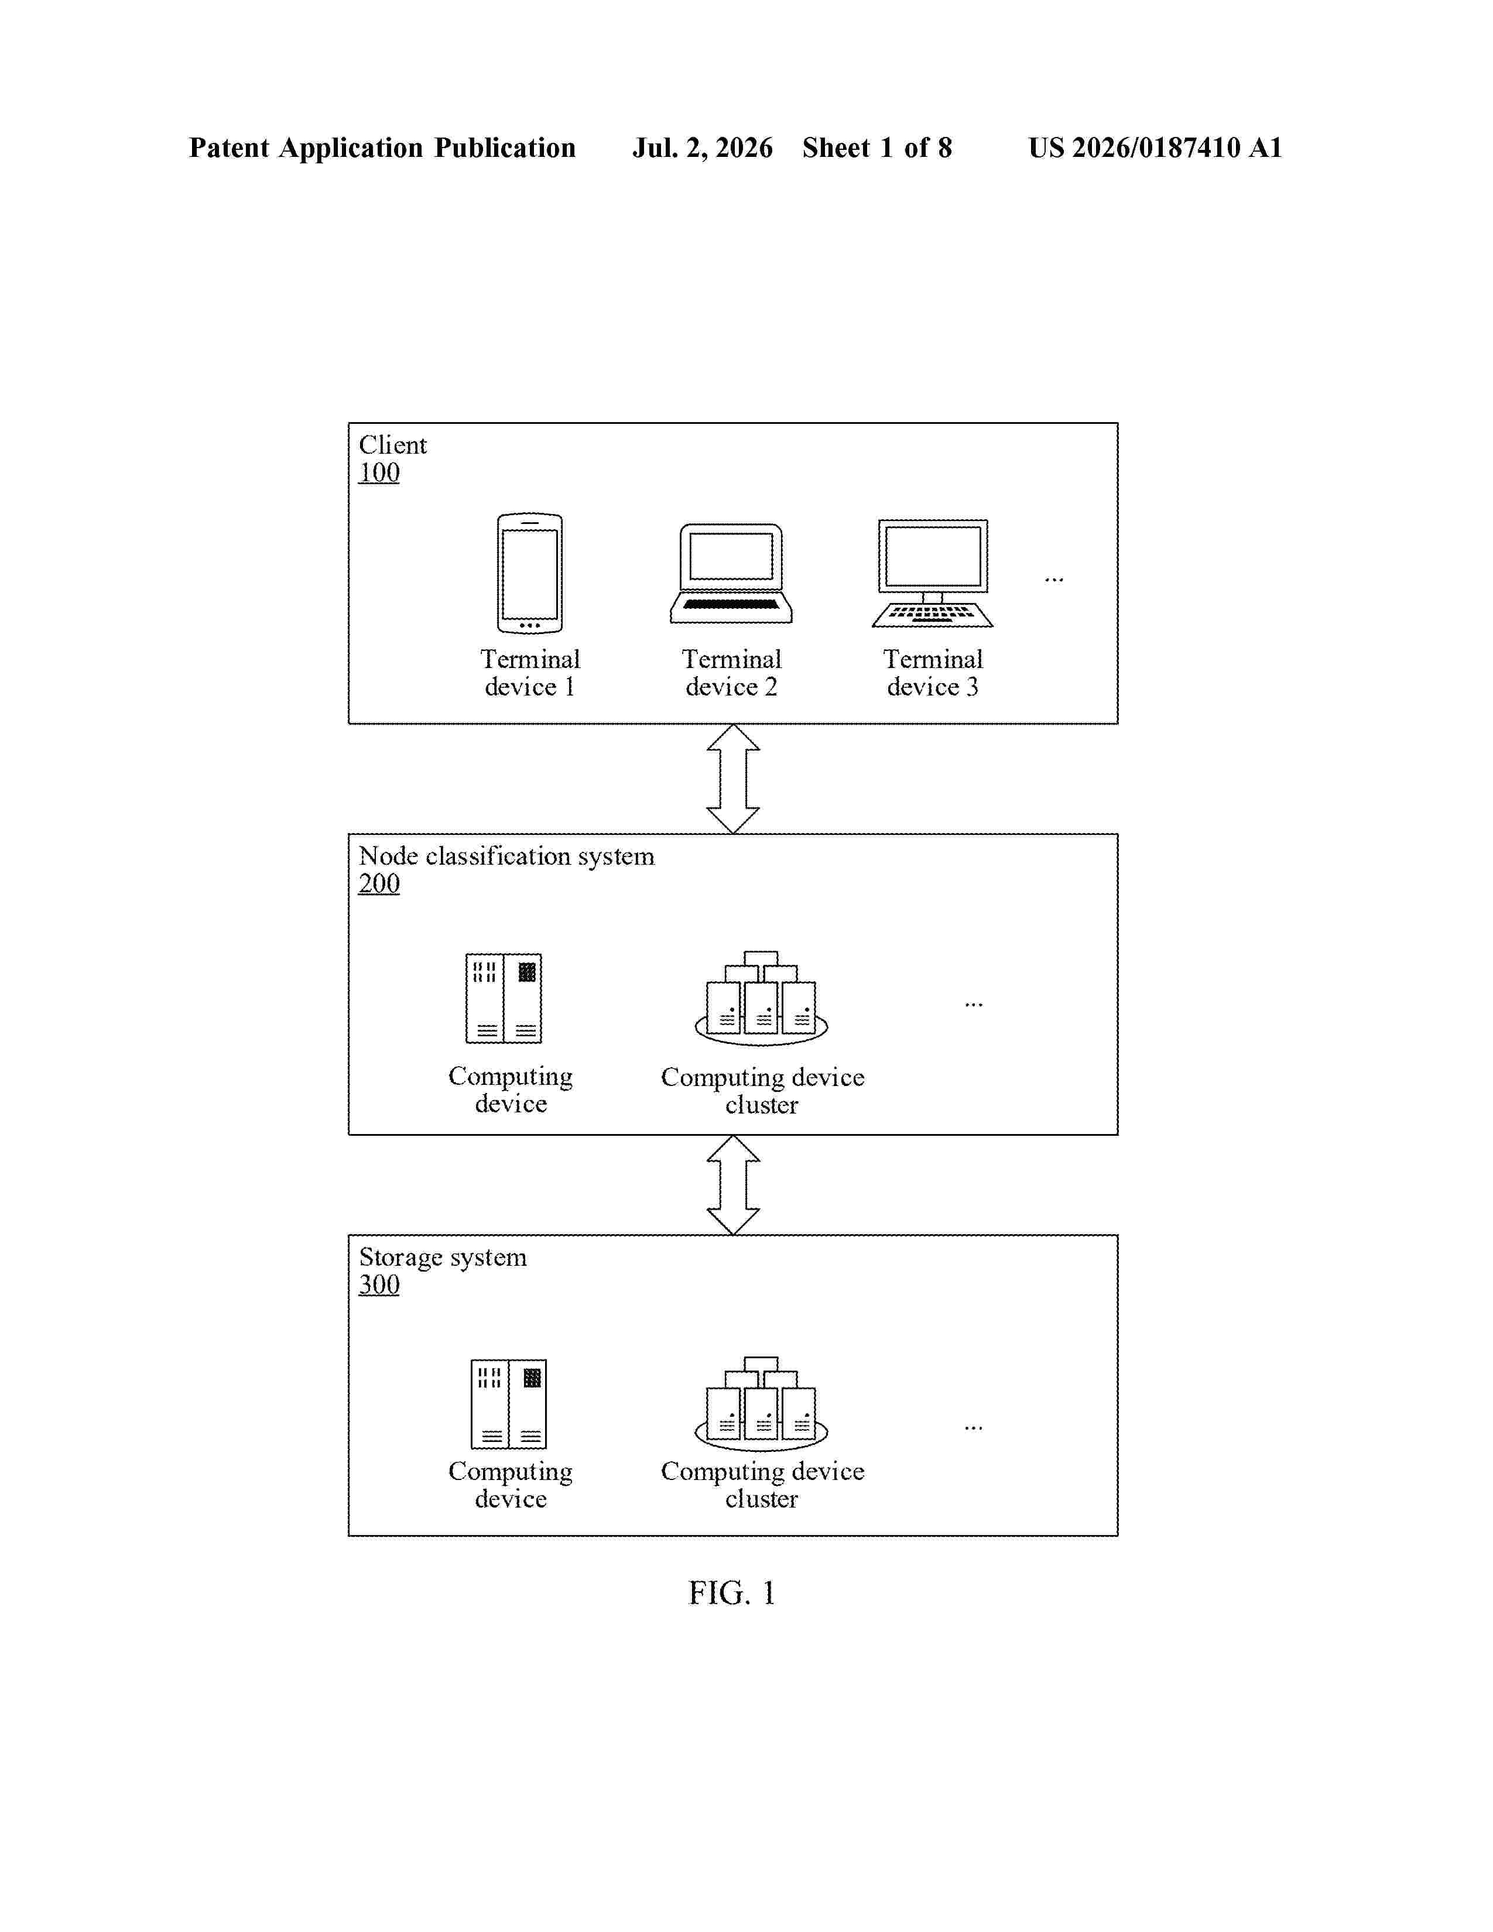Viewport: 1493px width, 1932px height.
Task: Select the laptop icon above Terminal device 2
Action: pyautogui.click(x=731, y=573)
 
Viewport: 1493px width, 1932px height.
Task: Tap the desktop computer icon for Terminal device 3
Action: pyautogui.click(x=932, y=573)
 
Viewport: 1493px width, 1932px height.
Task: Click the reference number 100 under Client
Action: pyautogui.click(x=379, y=472)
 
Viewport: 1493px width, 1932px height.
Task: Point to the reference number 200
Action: pyautogui.click(x=379, y=883)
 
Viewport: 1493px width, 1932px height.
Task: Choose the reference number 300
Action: pyautogui.click(x=379, y=1284)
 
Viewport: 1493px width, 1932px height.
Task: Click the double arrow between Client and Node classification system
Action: pyautogui.click(x=733, y=779)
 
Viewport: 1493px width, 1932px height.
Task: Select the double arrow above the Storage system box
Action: pyautogui.click(x=733, y=1184)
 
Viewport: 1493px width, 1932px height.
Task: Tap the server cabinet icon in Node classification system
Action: pyautogui.click(x=504, y=998)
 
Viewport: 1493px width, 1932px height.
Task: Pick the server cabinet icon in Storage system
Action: pyautogui.click(x=509, y=1404)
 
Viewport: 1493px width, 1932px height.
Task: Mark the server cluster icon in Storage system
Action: pyautogui.click(x=762, y=1404)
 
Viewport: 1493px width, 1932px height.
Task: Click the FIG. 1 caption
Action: pyautogui.click(x=732, y=1593)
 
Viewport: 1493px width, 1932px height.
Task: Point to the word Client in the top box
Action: pyautogui.click(x=393, y=444)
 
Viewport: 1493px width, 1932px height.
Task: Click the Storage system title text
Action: pyautogui.click(x=442, y=1258)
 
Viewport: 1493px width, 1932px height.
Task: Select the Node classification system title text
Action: pyautogui.click(x=507, y=857)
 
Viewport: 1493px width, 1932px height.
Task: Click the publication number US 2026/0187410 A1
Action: pyautogui.click(x=1155, y=148)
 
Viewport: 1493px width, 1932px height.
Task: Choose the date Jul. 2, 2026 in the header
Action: pyautogui.click(x=702, y=148)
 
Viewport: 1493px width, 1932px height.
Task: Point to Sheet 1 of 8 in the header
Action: pyautogui.click(x=878, y=148)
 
